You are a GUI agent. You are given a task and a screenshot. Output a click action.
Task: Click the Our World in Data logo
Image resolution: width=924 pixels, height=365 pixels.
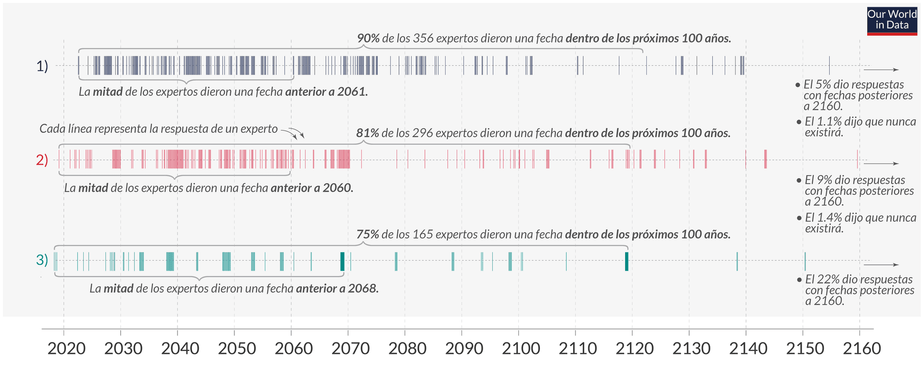click(x=892, y=21)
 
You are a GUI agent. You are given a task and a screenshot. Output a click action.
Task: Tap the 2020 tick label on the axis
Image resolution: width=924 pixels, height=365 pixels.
click(x=66, y=348)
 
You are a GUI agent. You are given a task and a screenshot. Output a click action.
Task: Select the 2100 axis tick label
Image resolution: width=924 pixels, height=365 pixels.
click(x=521, y=348)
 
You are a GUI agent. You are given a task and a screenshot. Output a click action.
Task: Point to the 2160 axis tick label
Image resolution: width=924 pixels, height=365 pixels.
click(x=861, y=348)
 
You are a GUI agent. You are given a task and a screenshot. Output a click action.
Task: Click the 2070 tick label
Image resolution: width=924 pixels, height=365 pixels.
click(x=350, y=348)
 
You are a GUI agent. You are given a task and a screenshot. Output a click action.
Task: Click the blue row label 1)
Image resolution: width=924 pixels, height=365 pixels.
click(x=42, y=66)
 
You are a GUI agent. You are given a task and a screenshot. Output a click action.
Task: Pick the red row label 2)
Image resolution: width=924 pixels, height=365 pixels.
click(x=42, y=160)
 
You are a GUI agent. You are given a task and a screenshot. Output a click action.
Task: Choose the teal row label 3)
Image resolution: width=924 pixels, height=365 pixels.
click(x=42, y=260)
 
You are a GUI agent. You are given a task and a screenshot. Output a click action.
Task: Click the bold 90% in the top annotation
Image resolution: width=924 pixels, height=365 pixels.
click(x=368, y=39)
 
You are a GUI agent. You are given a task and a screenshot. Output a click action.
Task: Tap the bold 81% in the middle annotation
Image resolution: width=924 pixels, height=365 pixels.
click(x=367, y=133)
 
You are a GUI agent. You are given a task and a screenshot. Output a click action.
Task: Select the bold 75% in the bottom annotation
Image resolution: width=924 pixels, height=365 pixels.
click(x=367, y=235)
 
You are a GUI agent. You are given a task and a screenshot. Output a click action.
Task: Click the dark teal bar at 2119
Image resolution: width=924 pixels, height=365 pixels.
click(x=627, y=261)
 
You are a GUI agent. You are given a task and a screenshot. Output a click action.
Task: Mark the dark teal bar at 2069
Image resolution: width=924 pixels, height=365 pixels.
click(x=342, y=261)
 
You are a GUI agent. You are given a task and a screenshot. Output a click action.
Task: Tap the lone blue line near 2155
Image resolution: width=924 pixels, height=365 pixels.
click(x=829, y=65)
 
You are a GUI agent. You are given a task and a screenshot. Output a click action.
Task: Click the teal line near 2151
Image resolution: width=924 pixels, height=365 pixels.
click(x=805, y=261)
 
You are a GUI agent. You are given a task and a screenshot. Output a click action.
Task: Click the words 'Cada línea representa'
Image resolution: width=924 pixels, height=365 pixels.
click(x=87, y=129)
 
